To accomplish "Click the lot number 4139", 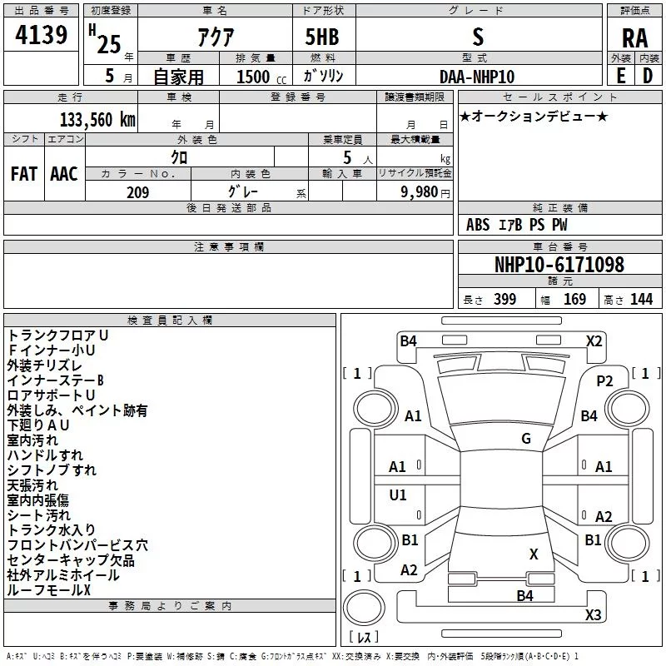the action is point(41,35).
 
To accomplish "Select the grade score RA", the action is point(634,38).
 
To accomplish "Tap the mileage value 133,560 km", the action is point(97,120).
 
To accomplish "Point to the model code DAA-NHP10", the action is point(476,77).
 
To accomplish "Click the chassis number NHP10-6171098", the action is point(559,265).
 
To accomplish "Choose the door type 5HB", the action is point(322,37).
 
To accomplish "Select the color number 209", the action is point(137,192).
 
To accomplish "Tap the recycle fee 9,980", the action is point(420,192).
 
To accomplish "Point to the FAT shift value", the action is point(24,174).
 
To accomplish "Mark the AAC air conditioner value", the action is point(64,174).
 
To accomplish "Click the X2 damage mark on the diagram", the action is point(594,341).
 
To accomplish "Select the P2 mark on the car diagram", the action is point(604,381).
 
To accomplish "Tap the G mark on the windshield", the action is point(526,439).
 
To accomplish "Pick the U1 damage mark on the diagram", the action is point(398,495).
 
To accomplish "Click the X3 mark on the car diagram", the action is point(593,614).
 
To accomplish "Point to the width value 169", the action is point(574,299).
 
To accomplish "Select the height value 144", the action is point(641,299).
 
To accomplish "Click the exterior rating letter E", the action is point(621,76).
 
